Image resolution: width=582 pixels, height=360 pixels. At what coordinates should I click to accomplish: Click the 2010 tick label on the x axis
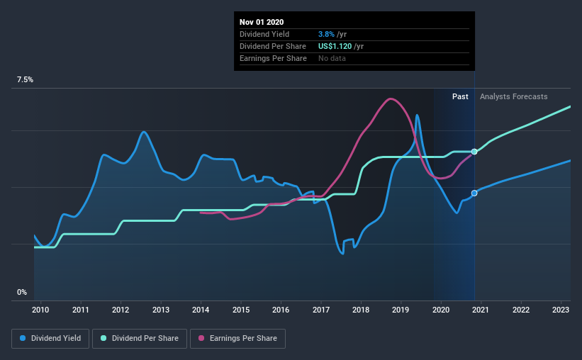point(40,310)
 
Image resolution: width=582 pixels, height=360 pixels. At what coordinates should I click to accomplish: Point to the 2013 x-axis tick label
point(160,310)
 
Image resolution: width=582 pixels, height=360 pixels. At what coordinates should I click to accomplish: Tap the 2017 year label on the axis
point(320,310)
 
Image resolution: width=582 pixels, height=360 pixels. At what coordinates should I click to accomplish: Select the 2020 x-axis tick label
point(441,310)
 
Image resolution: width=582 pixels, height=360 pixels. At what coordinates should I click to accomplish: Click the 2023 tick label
point(561,310)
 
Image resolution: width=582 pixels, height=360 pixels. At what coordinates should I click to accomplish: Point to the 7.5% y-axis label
point(25,80)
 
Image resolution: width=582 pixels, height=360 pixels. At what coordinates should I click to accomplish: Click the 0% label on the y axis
point(22,292)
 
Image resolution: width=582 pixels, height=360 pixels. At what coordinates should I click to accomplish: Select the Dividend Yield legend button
point(50,339)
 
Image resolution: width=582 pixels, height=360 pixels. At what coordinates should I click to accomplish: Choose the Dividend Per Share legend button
point(143,339)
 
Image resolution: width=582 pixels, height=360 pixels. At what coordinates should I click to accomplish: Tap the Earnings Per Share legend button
point(237,339)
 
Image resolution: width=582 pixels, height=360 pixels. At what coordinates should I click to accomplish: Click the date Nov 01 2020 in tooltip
point(262,22)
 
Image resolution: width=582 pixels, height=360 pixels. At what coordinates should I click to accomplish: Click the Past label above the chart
point(460,96)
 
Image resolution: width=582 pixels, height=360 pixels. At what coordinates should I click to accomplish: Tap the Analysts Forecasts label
point(513,96)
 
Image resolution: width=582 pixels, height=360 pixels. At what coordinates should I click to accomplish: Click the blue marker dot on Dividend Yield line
point(474,193)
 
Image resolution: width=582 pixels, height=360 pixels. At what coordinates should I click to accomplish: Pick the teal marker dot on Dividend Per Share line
point(474,152)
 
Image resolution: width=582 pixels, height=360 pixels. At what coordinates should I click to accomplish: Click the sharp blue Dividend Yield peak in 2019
point(418,115)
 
